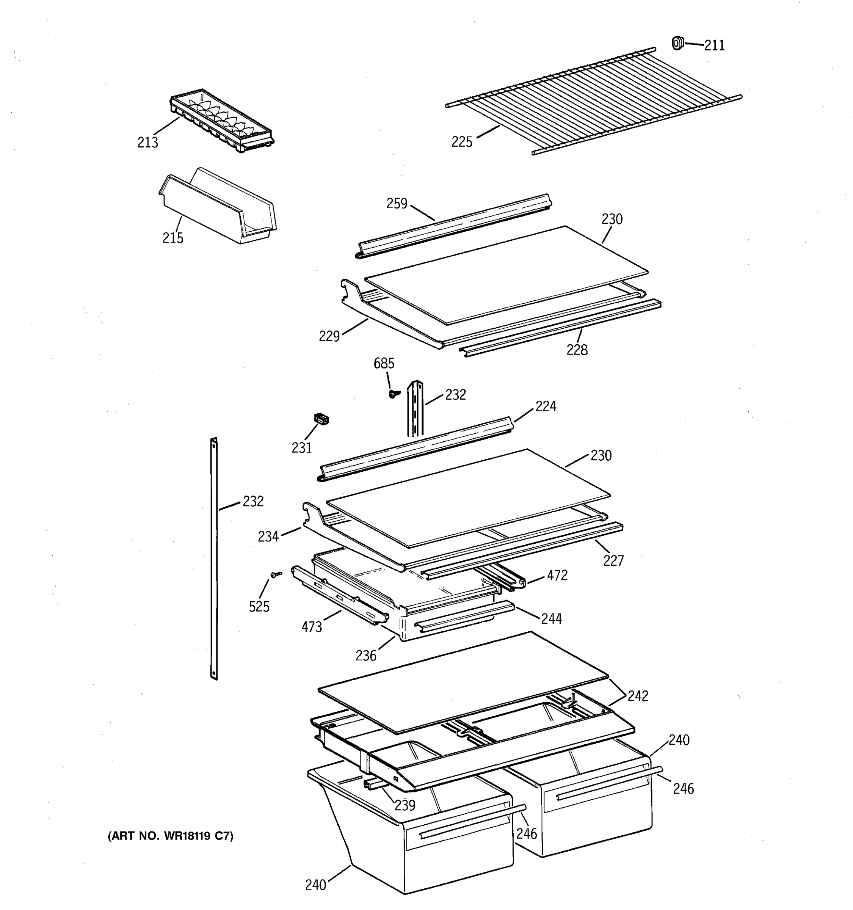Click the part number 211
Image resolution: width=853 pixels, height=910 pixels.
[714, 45]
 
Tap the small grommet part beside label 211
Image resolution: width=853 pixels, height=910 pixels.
[677, 43]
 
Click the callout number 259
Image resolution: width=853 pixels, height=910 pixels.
[397, 204]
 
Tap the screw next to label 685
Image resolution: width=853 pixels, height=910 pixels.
[393, 393]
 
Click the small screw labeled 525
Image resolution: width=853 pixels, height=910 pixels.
[276, 574]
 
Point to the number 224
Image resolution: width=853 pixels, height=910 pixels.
[546, 406]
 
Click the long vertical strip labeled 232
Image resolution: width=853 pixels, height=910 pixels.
[214, 559]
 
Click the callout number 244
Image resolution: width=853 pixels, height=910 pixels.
[552, 619]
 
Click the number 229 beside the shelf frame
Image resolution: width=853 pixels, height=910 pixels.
[329, 336]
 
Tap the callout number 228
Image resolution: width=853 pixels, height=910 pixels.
[577, 350]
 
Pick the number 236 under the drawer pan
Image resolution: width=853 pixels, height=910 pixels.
[366, 656]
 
